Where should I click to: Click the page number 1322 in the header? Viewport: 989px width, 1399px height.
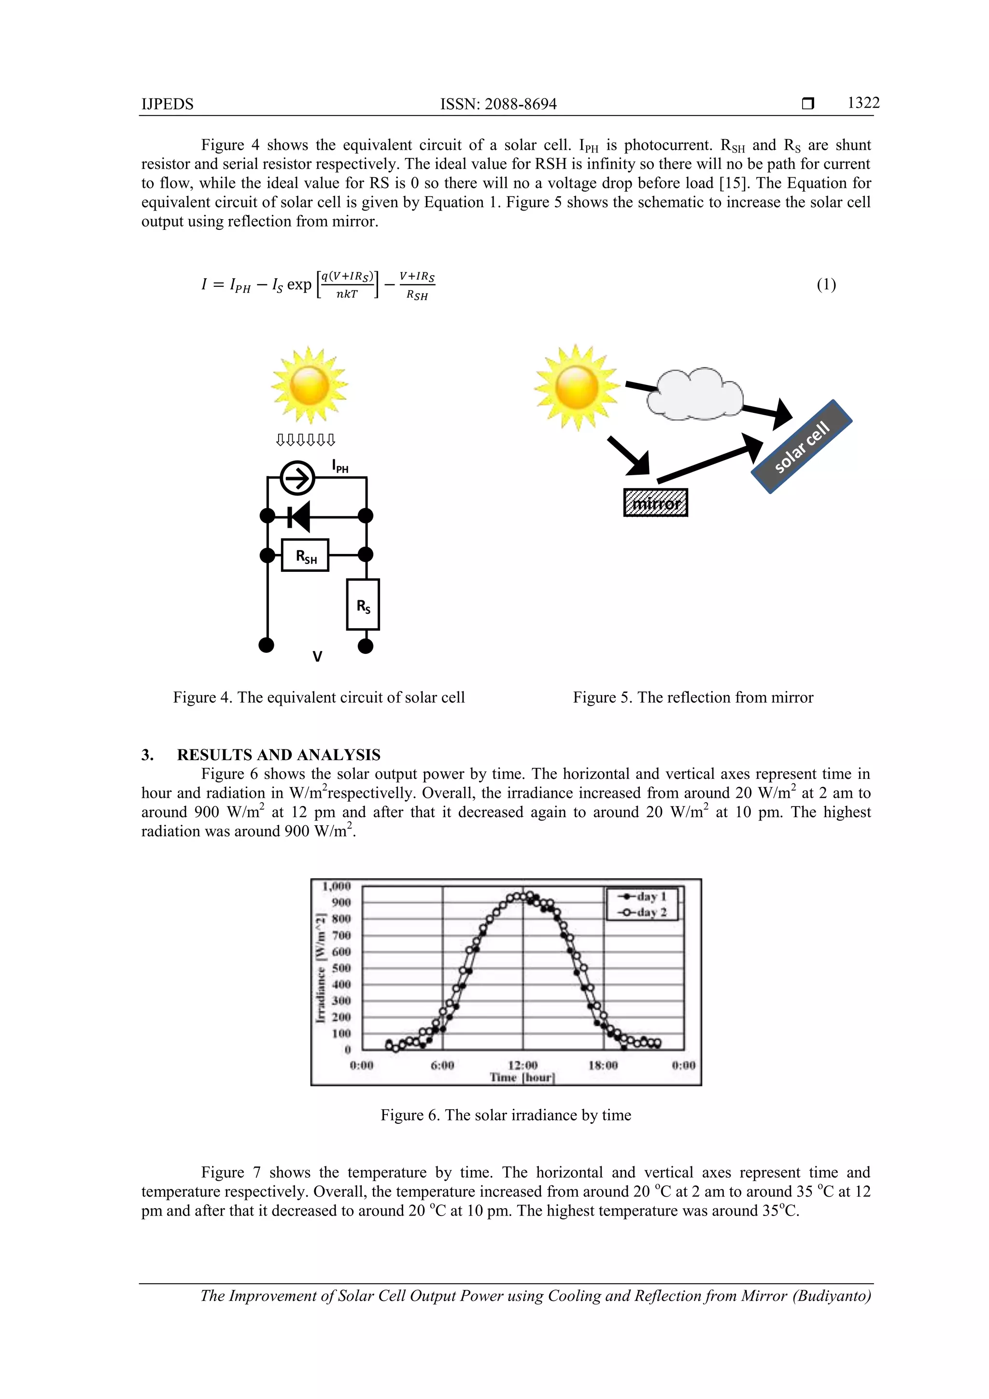[x=863, y=103]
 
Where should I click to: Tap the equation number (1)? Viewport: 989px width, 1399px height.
[x=826, y=284]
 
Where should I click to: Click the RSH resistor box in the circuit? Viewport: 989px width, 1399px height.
[x=305, y=555]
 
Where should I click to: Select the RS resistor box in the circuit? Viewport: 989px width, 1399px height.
[x=363, y=605]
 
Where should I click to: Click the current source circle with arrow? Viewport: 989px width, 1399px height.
[x=297, y=478]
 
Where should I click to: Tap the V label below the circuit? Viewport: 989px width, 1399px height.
[x=317, y=656]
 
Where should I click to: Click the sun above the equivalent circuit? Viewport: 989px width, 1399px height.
[x=310, y=385]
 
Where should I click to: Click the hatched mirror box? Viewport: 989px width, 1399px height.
[x=656, y=503]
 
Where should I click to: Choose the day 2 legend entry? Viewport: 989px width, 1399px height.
[x=642, y=912]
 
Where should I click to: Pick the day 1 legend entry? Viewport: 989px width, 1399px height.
[x=642, y=896]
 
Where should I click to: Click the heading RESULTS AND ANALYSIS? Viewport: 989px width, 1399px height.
[x=279, y=755]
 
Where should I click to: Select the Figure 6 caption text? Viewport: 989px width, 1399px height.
[x=506, y=1115]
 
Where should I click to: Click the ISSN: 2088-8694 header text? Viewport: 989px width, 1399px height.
[x=498, y=104]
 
